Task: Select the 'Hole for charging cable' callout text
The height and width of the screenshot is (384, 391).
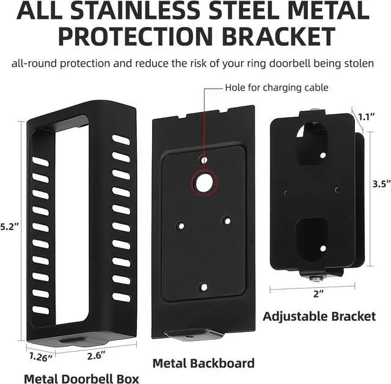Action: [x=277, y=88]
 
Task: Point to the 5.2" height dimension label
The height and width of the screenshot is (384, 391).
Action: [x=10, y=227]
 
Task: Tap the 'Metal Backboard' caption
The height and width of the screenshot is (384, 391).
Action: [x=203, y=364]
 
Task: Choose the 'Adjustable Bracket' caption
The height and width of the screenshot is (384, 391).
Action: [x=319, y=316]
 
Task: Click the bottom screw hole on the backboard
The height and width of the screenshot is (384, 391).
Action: [x=203, y=286]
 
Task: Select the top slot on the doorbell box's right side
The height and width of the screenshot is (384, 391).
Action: [x=121, y=140]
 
